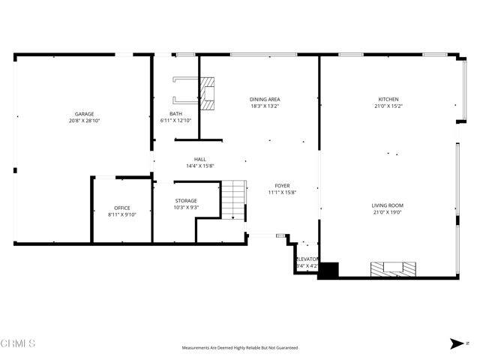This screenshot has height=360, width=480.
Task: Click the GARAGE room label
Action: [x=84, y=114]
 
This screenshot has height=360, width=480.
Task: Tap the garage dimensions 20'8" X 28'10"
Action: [x=84, y=121]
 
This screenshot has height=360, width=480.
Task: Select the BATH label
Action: [x=175, y=114]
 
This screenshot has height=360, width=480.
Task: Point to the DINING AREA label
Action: [x=265, y=99]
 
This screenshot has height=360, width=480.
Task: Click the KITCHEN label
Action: [x=388, y=99]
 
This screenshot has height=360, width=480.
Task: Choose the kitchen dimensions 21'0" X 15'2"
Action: [x=388, y=106]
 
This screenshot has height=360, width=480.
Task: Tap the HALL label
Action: [x=200, y=159]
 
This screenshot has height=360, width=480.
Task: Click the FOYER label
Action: [x=282, y=186]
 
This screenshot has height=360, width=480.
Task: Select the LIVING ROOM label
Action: [x=388, y=205]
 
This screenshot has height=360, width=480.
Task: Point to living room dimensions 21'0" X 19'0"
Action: [x=388, y=212]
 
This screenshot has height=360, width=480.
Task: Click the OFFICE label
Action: [x=122, y=208]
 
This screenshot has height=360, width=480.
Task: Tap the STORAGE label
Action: [x=186, y=201]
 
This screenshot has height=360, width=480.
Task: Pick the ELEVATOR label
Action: [x=307, y=259]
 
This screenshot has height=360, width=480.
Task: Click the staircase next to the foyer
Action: [x=234, y=199]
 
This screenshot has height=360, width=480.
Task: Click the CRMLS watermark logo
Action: [x=19, y=343]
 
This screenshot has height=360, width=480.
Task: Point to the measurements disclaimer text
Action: [x=239, y=348]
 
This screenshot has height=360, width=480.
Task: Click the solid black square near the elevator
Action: [x=328, y=270]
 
